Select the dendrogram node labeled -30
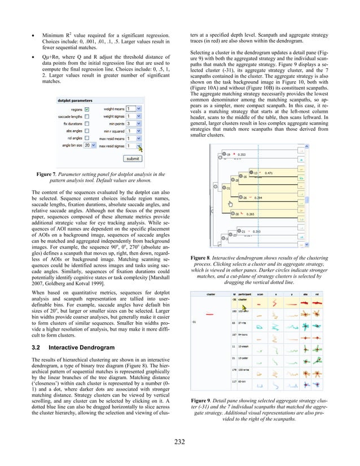(239, 214)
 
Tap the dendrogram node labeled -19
(228, 153)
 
